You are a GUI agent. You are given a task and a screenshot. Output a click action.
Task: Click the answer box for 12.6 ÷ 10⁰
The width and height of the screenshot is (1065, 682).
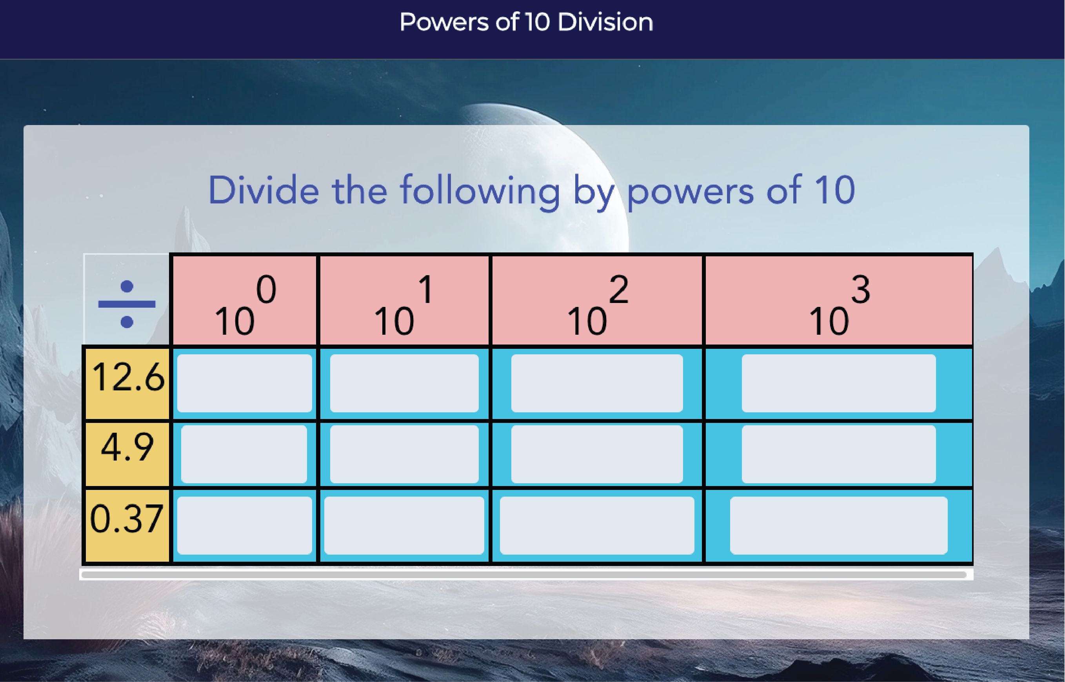click(245, 383)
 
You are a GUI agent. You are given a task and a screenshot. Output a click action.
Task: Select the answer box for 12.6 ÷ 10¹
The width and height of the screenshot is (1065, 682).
click(404, 383)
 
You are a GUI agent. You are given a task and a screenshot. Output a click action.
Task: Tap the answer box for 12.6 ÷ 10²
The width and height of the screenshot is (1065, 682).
click(597, 383)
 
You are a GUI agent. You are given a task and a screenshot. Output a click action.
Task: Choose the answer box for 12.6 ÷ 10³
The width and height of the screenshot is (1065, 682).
click(839, 383)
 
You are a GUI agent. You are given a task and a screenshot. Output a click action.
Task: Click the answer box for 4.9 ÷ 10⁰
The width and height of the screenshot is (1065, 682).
click(244, 454)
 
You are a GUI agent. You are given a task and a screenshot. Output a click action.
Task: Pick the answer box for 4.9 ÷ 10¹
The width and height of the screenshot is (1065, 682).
click(404, 454)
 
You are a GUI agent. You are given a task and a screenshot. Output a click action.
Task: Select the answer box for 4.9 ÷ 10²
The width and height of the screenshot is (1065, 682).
click(597, 454)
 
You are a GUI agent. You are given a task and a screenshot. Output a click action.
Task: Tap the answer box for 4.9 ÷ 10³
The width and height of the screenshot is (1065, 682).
click(839, 454)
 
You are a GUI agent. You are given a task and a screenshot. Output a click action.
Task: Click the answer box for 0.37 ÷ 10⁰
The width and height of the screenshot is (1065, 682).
click(245, 525)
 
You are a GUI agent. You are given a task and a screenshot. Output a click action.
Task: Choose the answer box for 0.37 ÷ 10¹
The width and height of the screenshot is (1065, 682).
click(404, 525)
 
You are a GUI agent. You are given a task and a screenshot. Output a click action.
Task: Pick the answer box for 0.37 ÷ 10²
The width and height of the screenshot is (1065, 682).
click(597, 525)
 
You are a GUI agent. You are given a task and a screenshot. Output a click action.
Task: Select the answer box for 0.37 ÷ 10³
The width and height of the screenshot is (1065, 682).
click(839, 525)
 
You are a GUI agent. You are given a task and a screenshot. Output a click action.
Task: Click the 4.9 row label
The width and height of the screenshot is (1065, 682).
click(127, 447)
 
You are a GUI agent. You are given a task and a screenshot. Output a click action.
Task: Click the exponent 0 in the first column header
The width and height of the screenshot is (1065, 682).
click(266, 290)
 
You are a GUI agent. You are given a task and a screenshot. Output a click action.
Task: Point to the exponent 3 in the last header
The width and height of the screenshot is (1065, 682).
click(860, 290)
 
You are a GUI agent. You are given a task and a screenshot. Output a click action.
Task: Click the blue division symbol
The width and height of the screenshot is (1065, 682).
click(127, 304)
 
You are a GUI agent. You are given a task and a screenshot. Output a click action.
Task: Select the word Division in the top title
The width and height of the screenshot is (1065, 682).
click(605, 22)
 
